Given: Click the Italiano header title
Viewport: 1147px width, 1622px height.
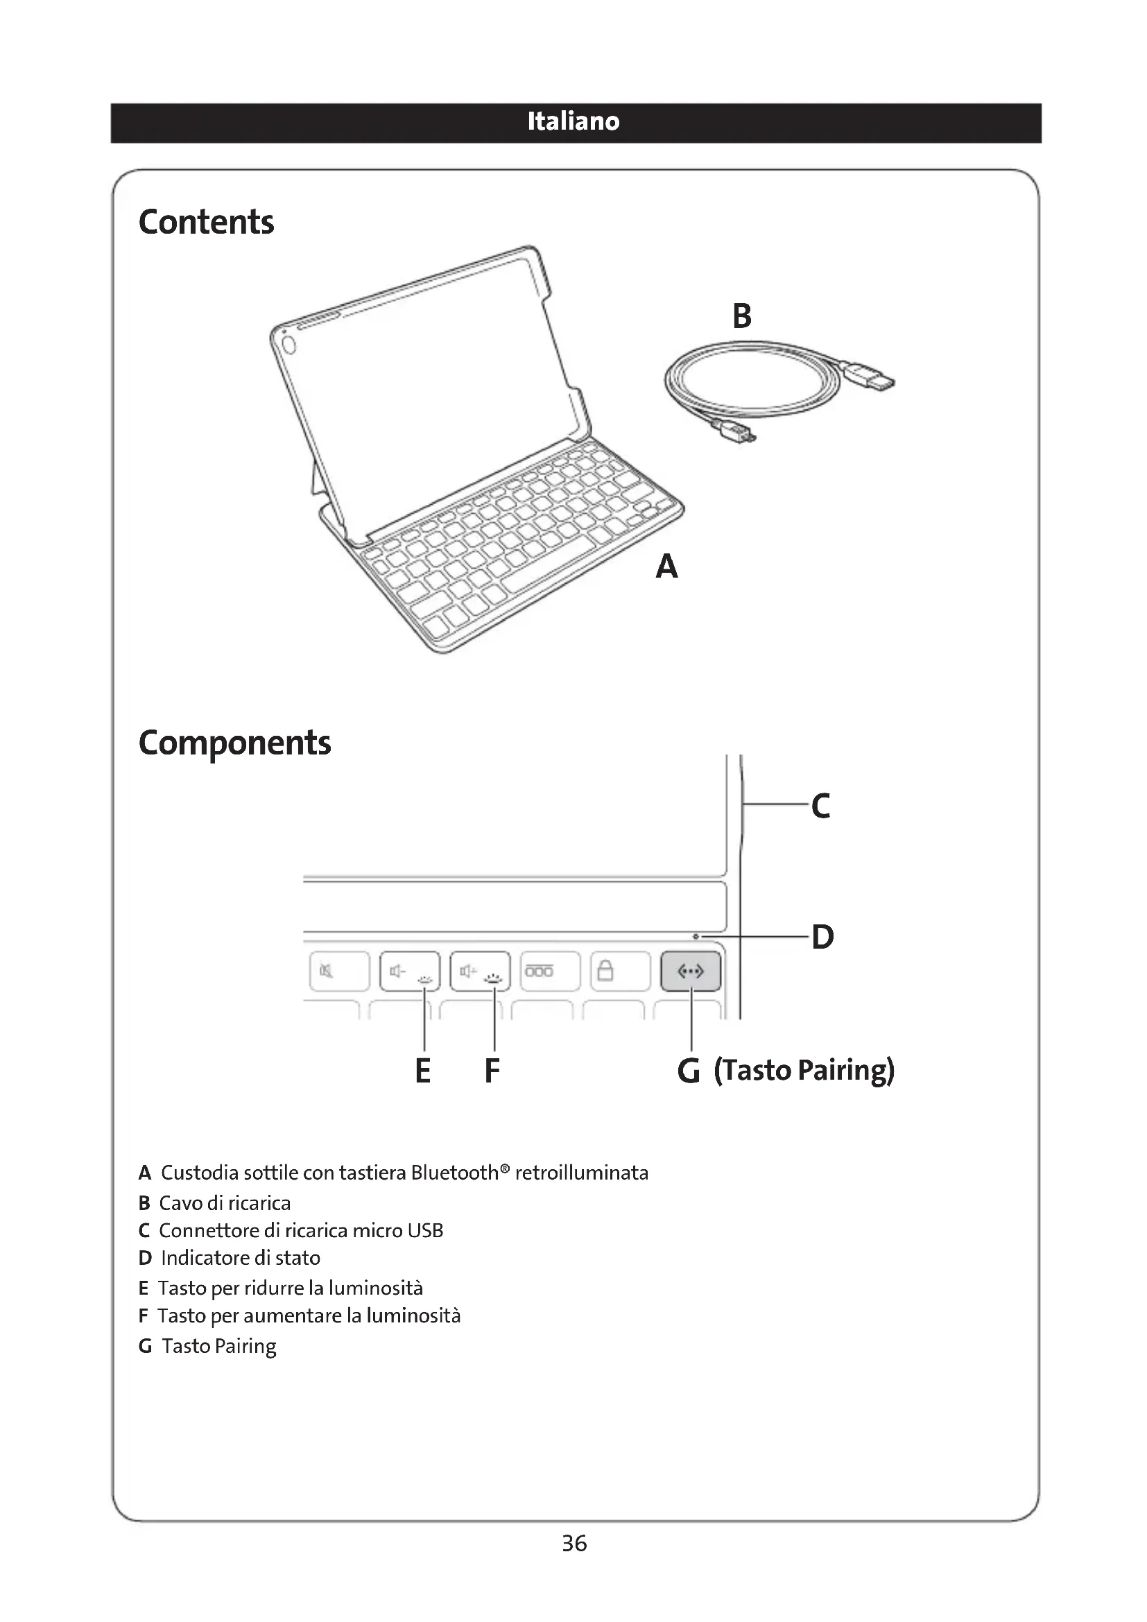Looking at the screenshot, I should [x=573, y=121].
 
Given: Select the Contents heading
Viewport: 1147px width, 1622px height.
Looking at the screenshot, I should [x=205, y=222].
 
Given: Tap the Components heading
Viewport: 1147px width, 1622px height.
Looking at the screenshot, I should [x=234, y=743].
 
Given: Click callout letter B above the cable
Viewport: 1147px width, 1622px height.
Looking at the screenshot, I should [x=741, y=316].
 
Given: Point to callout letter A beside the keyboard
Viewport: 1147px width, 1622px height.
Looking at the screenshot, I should [x=666, y=567].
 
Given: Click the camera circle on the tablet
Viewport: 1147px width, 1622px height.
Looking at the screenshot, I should [x=288, y=344].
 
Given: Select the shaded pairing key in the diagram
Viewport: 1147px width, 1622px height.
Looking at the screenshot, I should [x=691, y=972].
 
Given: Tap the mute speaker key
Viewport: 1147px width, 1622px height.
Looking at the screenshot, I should [x=339, y=972].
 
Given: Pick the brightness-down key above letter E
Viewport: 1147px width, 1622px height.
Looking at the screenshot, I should [x=410, y=972].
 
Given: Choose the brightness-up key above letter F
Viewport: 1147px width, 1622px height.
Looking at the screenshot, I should [x=481, y=972].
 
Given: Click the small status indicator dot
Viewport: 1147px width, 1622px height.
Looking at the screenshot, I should [x=696, y=937].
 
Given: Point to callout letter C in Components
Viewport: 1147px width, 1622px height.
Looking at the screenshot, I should [x=820, y=805].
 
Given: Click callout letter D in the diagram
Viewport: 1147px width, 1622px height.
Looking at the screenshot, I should [x=822, y=937].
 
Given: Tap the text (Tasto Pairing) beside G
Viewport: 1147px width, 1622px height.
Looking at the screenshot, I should [x=804, y=1070].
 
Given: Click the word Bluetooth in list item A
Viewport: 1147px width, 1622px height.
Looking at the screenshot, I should [x=455, y=1173].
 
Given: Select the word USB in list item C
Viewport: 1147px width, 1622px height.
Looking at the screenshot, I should [x=425, y=1231].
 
